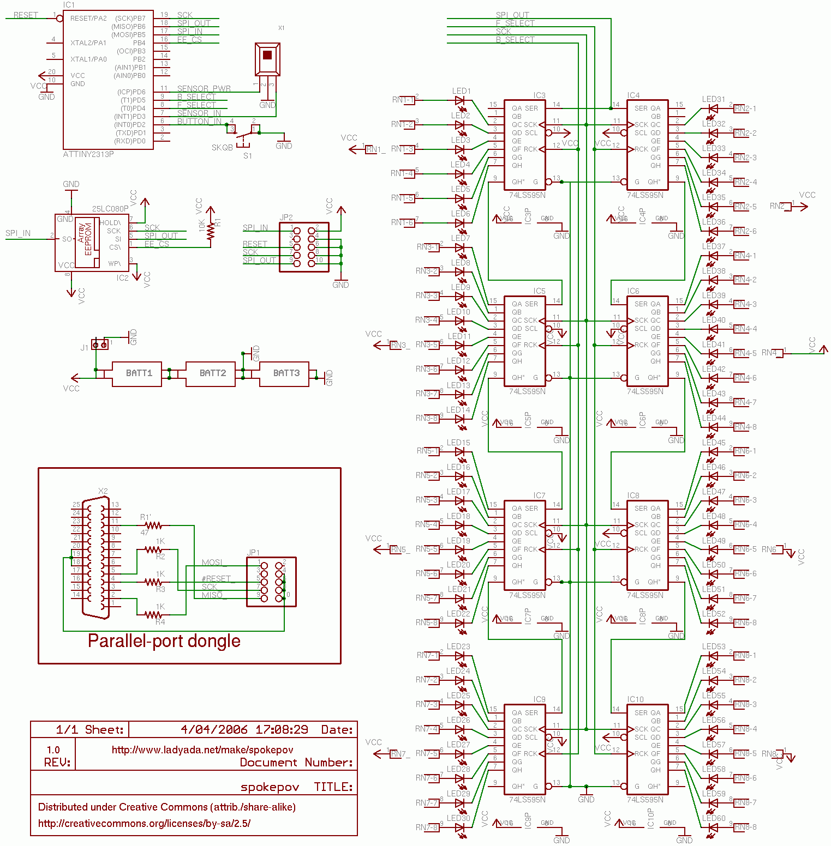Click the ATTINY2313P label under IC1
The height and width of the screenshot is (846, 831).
click(88, 154)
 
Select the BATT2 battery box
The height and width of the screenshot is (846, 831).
click(211, 373)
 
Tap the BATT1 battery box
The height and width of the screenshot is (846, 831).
click(137, 373)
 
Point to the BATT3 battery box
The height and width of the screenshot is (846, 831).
click(284, 373)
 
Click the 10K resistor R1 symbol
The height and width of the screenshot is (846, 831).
click(211, 228)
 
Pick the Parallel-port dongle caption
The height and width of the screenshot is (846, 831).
click(164, 640)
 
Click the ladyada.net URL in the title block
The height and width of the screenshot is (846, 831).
click(202, 750)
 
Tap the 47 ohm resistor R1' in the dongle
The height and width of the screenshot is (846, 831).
click(153, 525)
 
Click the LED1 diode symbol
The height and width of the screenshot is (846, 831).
click(460, 100)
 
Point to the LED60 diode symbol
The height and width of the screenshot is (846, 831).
click(712, 827)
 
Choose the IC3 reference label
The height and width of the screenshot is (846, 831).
click(539, 95)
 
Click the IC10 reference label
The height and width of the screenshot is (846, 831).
click(635, 699)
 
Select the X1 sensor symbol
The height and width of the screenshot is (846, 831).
click(267, 59)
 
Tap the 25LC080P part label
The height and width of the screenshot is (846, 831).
click(110, 209)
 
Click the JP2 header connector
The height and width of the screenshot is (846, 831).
click(304, 247)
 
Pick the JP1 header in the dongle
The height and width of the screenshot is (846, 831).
click(271, 582)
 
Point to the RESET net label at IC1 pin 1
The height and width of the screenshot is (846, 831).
click(26, 15)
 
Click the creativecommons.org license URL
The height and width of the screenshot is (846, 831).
click(144, 823)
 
